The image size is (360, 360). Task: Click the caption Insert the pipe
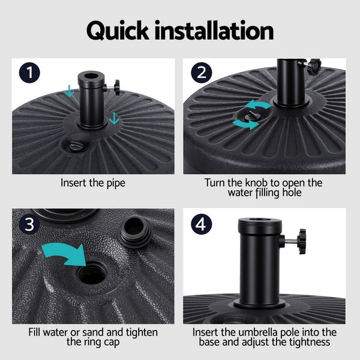[x=93, y=182]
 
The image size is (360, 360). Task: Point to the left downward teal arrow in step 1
[x=70, y=91]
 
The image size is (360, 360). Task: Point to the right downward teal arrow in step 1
[x=114, y=118]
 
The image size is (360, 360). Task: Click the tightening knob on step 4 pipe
[x=297, y=241]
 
